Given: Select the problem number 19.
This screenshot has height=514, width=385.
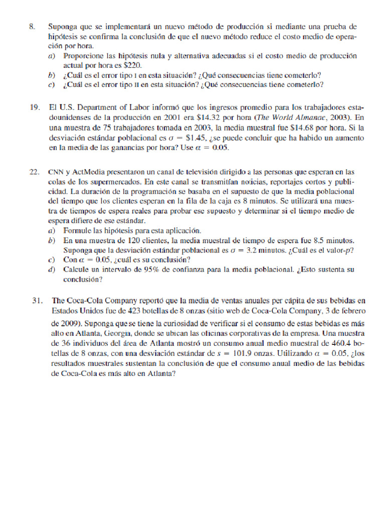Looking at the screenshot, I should pyautogui.click(x=34, y=108).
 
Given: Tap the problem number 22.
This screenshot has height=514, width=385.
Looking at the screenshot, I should pyautogui.click(x=34, y=171).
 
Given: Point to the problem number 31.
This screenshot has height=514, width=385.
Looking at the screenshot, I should pyautogui.click(x=37, y=301).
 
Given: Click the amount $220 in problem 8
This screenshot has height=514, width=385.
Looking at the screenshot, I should pyautogui.click(x=133, y=65).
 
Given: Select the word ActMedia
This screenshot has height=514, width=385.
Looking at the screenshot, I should pyautogui.click(x=89, y=172).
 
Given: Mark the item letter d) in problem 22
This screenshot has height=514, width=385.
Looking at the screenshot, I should pyautogui.click(x=52, y=270).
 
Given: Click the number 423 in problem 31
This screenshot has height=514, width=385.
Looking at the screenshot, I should pyautogui.click(x=132, y=311).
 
